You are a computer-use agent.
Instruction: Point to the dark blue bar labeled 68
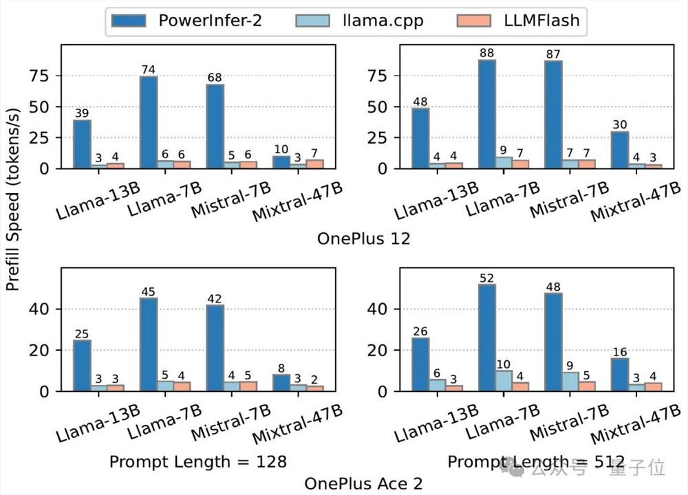[215, 126]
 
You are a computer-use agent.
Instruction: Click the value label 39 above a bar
[82, 114]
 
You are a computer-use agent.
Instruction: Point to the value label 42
[215, 299]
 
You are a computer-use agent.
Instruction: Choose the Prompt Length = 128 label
[198, 461]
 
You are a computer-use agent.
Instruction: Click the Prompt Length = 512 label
[536, 461]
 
